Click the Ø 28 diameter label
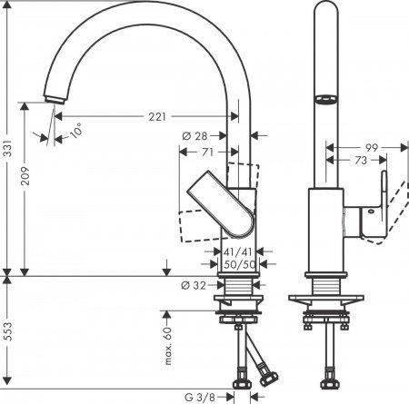tap(193, 134)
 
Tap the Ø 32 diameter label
tap(192, 284)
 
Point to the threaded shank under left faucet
tap(241, 289)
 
